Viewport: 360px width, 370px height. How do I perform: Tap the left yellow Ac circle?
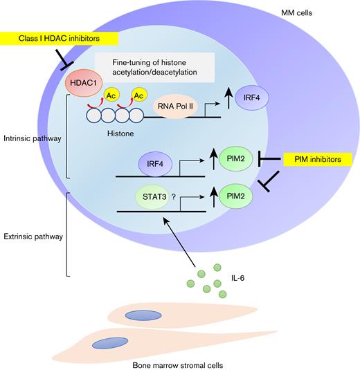tap(110, 95)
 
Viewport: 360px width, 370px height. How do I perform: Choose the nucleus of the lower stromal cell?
tap(111, 343)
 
